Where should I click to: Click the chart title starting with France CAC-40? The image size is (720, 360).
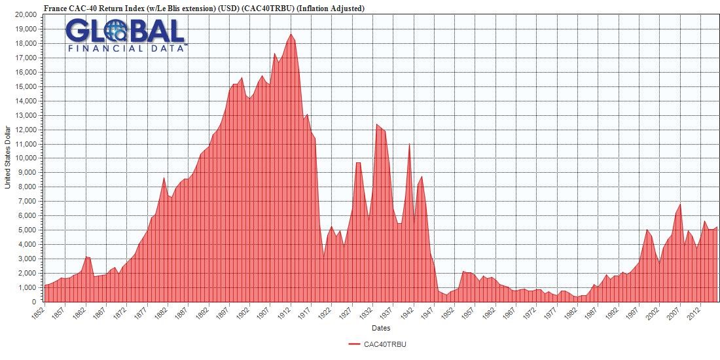point(204,8)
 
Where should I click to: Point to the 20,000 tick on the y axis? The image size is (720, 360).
point(27,14)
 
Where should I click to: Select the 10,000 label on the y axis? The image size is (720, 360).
point(27,158)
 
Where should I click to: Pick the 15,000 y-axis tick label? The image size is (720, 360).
point(27,86)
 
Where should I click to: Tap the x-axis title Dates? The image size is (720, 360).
point(381,327)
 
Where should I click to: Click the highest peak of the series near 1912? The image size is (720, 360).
point(291,34)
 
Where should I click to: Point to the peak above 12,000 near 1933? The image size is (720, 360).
point(376,124)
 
